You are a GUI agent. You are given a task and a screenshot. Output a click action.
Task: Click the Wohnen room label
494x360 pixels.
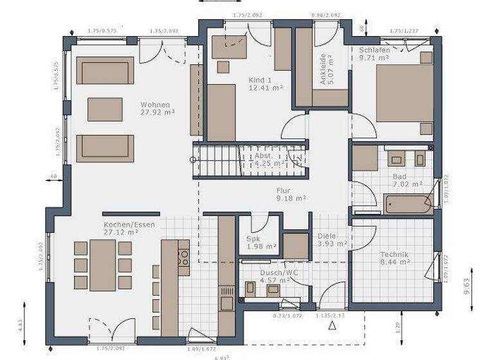155,105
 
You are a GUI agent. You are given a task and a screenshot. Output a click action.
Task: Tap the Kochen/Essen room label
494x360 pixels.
122,225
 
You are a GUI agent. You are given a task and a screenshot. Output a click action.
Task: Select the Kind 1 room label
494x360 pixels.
261,80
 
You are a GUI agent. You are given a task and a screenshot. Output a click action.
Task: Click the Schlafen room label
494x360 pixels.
374,50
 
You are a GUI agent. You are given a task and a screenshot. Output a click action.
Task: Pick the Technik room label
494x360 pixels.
394,255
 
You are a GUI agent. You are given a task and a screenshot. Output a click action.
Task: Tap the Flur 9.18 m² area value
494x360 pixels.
290,199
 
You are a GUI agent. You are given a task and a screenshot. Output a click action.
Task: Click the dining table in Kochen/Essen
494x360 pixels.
103,264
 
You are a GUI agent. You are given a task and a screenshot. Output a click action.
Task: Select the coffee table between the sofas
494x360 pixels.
104,109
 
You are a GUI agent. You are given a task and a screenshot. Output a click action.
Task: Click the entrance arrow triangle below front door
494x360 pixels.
333,326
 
